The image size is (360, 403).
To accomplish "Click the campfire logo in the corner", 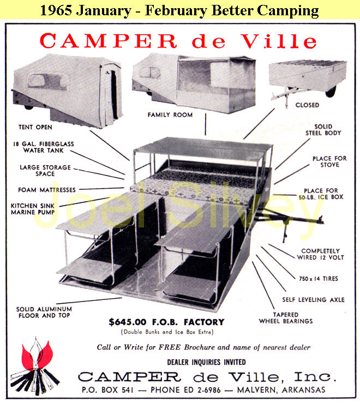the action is click(35, 366).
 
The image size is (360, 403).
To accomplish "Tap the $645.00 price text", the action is click(128, 322).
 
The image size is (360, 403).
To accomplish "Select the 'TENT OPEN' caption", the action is click(35, 127).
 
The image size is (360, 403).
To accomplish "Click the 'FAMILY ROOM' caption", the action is click(170, 115).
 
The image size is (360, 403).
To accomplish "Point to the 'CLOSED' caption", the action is click(307, 105).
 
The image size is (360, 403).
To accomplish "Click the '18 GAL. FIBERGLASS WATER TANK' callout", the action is click(44, 147).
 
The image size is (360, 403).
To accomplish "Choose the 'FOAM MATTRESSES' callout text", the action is click(47, 190).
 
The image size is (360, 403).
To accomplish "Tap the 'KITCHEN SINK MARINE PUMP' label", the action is click(33, 209).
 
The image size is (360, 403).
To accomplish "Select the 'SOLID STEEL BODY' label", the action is click(323, 130).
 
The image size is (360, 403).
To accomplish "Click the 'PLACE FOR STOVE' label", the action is click(329, 161).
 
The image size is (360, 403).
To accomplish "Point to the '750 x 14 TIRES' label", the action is click(319, 279).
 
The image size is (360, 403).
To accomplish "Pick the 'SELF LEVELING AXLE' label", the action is click(314, 300).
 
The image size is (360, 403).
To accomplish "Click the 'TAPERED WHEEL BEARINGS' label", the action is click(286, 318).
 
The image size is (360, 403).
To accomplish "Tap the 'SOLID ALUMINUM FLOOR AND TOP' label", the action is click(44, 312).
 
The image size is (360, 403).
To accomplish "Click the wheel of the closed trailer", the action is click(331, 91).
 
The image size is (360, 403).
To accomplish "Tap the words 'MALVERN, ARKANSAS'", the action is click(281, 390).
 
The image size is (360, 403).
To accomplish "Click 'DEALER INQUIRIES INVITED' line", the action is click(207, 362).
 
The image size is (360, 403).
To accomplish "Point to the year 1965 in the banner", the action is click(57, 10).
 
